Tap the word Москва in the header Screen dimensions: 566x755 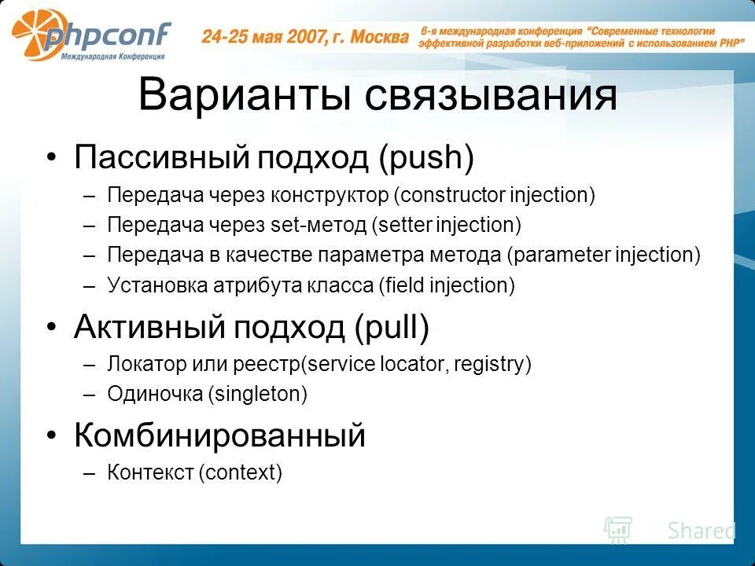pyautogui.click(x=379, y=36)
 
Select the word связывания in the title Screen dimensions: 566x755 pyautogui.click(x=491, y=95)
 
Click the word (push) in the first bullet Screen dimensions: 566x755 pyautogui.click(x=425, y=158)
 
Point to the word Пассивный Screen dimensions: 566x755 pyautogui.click(x=163, y=158)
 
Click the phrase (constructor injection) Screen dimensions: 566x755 pyautogui.click(x=495, y=195)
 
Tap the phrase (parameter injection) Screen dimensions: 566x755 pyautogui.click(x=603, y=255)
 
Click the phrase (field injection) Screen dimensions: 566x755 pyautogui.click(x=447, y=285)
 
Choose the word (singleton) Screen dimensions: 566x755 pyautogui.click(x=258, y=394)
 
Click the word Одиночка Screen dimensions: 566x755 pyautogui.click(x=155, y=394)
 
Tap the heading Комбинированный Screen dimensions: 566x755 pyautogui.click(x=220, y=435)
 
